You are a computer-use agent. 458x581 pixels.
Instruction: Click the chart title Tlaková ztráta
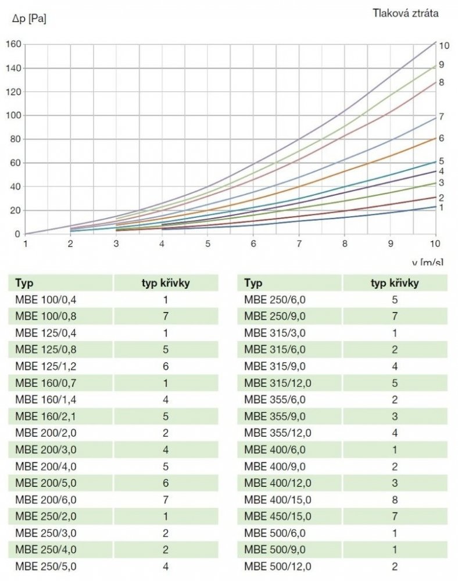click(x=406, y=14)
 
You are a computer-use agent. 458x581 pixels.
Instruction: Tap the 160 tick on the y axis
click(x=13, y=44)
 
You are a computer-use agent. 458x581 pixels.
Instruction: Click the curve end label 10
click(x=444, y=45)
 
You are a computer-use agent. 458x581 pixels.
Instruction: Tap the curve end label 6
click(x=442, y=138)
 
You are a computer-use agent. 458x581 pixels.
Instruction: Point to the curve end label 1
click(x=442, y=207)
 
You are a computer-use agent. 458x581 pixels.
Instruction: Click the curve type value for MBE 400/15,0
click(x=395, y=500)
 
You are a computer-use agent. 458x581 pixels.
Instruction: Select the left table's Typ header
click(x=24, y=284)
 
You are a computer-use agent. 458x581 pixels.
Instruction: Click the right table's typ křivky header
click(x=395, y=284)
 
